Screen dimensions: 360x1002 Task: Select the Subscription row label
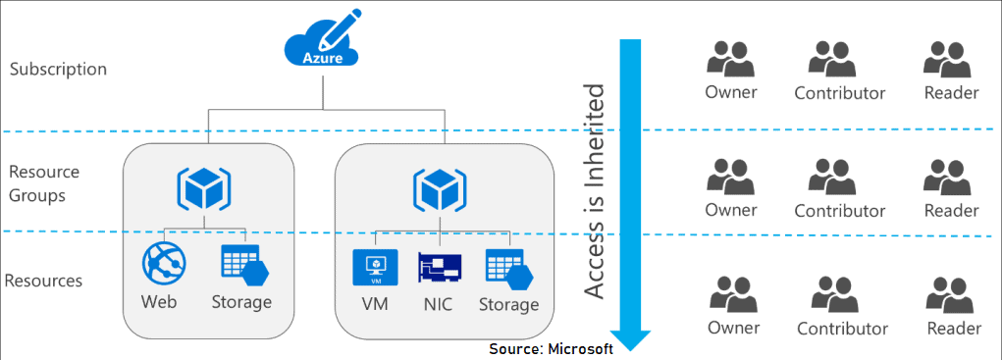pyautogui.click(x=58, y=70)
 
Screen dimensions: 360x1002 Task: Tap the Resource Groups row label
pyautogui.click(x=43, y=183)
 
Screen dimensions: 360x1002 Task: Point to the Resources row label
pyautogui.click(x=43, y=282)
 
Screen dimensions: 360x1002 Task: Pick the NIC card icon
pyautogui.click(x=439, y=268)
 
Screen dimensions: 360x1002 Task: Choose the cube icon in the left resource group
pyautogui.click(x=203, y=186)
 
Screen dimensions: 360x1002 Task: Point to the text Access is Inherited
pyautogui.click(x=594, y=191)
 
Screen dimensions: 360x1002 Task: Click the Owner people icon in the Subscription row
pyautogui.click(x=731, y=60)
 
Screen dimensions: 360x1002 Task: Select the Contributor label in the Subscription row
pyautogui.click(x=839, y=94)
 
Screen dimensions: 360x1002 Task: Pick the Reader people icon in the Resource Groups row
pyautogui.click(x=950, y=177)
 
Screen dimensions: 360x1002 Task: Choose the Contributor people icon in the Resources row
pyautogui.click(x=841, y=294)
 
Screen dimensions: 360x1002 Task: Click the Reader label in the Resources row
pyautogui.click(x=954, y=329)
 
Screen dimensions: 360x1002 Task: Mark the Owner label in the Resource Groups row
pyautogui.click(x=731, y=210)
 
